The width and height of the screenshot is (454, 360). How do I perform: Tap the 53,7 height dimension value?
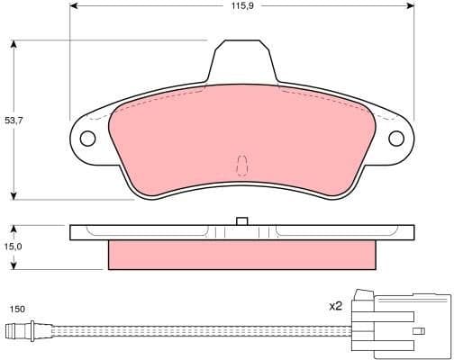14,119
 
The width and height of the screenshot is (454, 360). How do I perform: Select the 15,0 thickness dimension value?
14,246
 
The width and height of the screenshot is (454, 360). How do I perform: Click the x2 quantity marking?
335,306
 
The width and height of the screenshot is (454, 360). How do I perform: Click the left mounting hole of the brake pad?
87,139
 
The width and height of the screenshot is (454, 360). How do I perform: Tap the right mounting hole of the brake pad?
395,139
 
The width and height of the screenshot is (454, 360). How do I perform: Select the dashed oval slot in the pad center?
241,165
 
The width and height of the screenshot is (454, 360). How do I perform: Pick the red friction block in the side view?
241,255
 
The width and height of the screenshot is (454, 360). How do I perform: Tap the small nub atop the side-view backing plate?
241,220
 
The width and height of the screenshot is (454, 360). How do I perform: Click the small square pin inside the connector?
418,330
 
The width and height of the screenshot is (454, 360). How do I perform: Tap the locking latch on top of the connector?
364,295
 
